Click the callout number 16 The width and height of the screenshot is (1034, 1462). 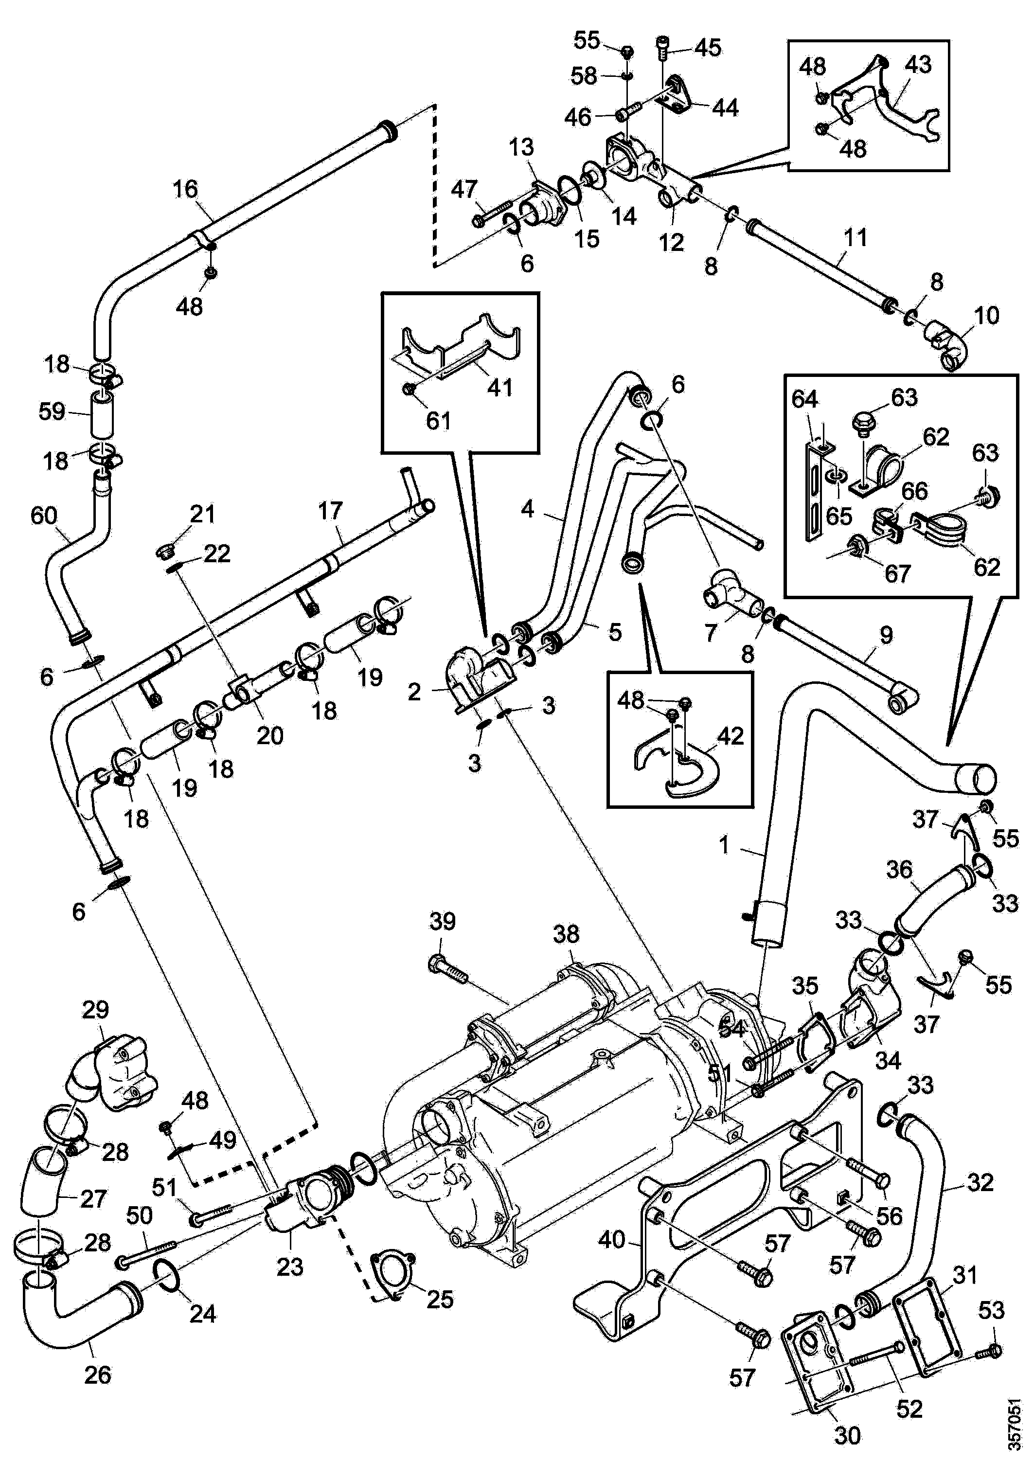pos(185,189)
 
